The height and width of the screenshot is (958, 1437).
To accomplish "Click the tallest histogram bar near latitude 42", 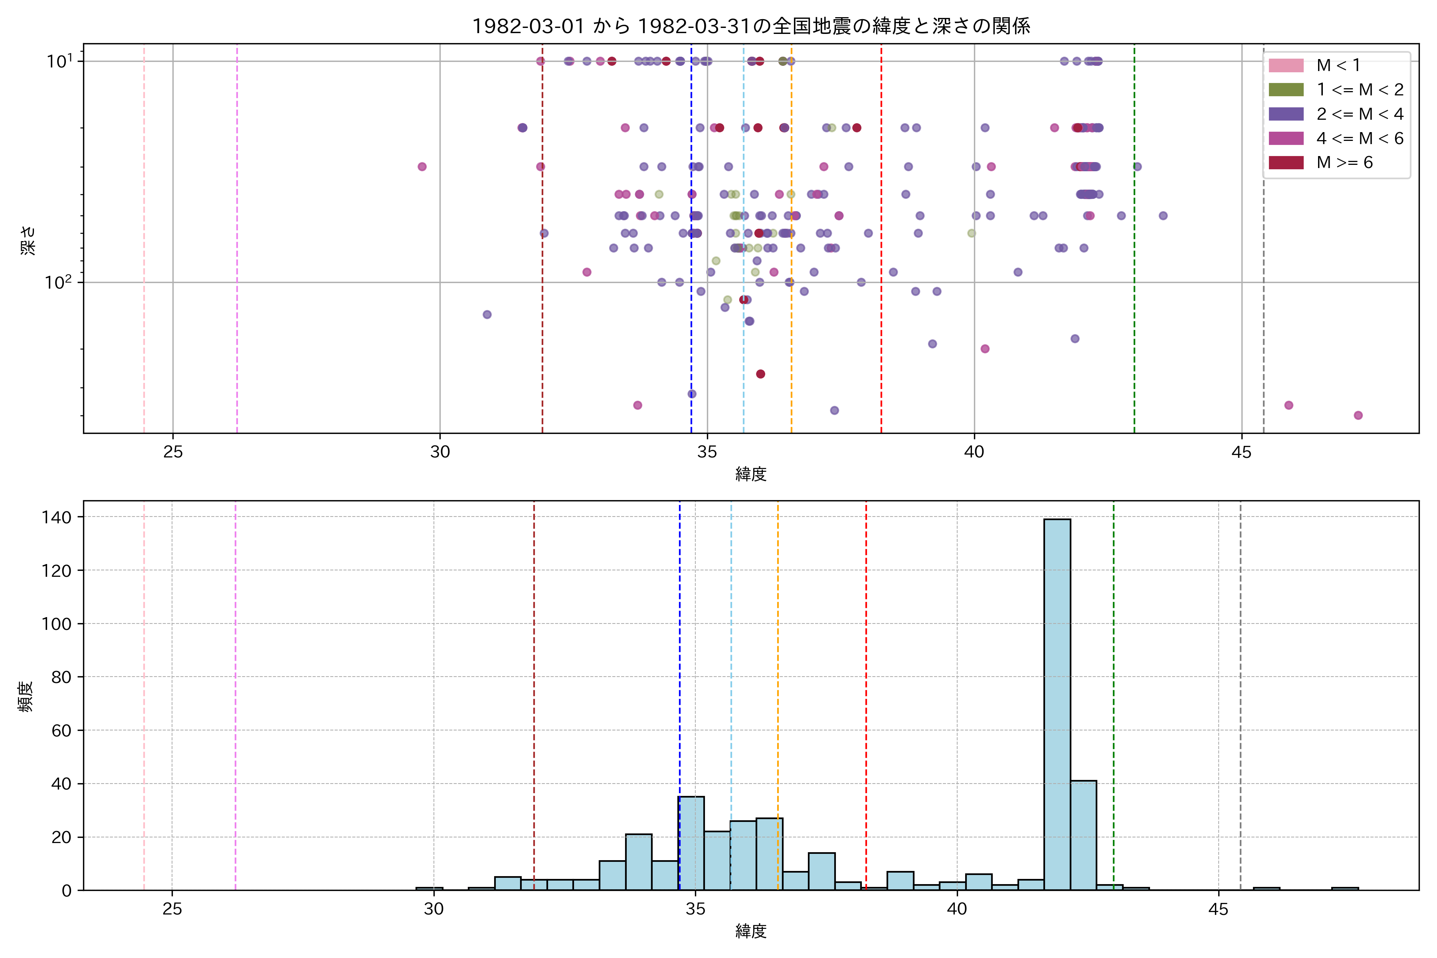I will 1057,703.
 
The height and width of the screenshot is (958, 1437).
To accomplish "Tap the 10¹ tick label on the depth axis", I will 59,61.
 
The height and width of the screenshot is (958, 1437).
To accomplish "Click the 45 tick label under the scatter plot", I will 1241,452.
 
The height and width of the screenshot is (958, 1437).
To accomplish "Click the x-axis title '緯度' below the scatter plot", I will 751,473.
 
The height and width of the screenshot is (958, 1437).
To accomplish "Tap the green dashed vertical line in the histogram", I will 1113,672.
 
